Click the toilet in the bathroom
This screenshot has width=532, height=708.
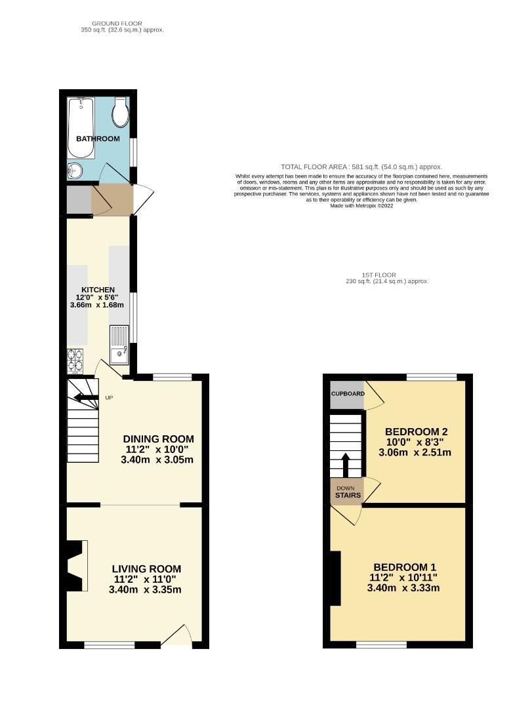point(120,113)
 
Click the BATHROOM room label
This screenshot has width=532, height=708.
point(98,139)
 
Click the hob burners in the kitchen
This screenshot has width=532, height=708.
point(75,358)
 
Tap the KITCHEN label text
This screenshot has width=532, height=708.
point(98,290)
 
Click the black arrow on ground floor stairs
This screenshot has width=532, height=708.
point(83,397)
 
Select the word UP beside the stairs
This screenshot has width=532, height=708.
point(109,398)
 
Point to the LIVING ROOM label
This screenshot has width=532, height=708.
point(146,569)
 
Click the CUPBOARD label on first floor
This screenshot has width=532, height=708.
point(347,394)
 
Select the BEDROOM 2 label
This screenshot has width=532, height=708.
point(417,431)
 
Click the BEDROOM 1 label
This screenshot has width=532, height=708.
point(405,567)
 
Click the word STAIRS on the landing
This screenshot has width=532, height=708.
point(348,496)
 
